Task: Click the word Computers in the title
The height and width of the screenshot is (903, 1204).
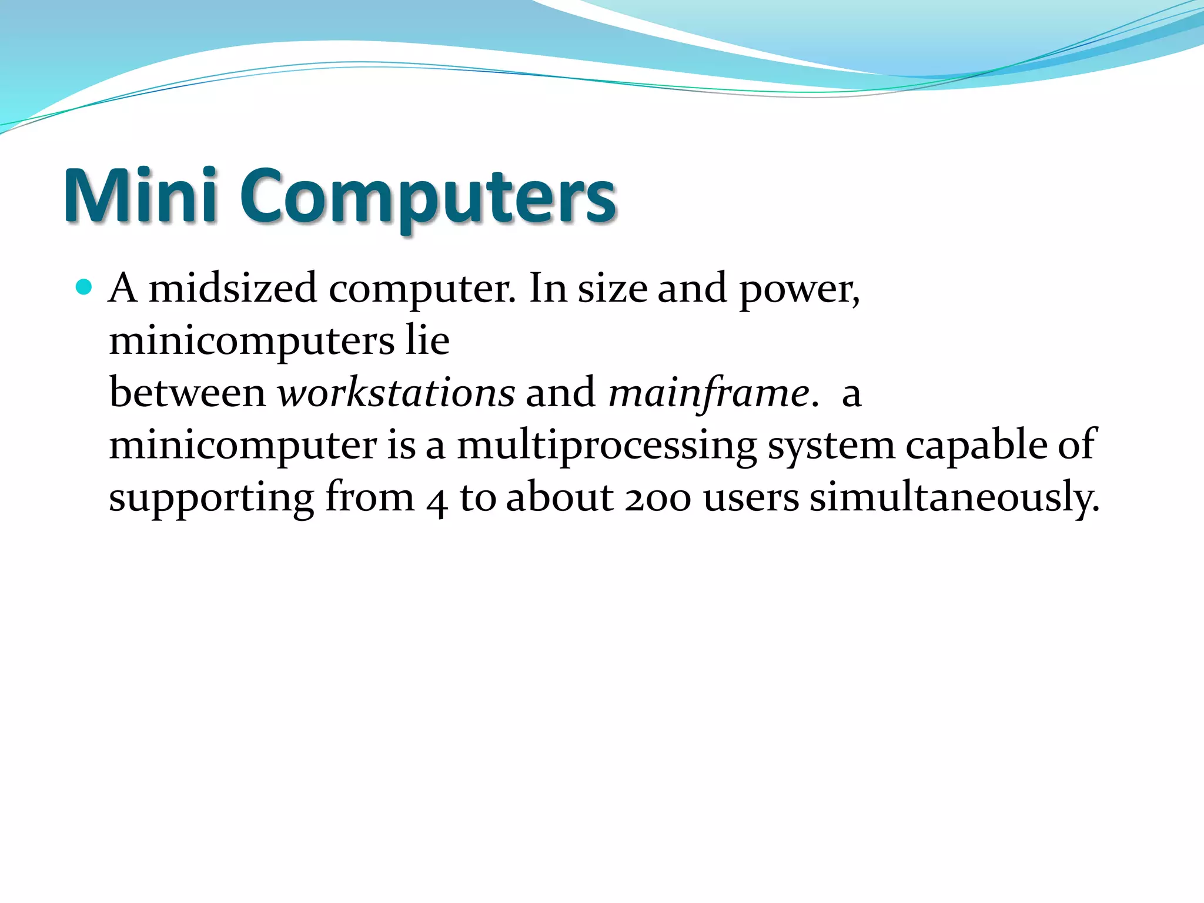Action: (x=427, y=197)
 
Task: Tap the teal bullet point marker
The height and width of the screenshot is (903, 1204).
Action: (x=84, y=287)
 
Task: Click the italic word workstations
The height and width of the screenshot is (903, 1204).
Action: (x=396, y=392)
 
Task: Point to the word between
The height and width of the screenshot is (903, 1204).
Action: (x=188, y=392)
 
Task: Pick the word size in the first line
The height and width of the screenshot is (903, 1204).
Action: (x=612, y=289)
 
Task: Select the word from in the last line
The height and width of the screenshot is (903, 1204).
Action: (x=370, y=497)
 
